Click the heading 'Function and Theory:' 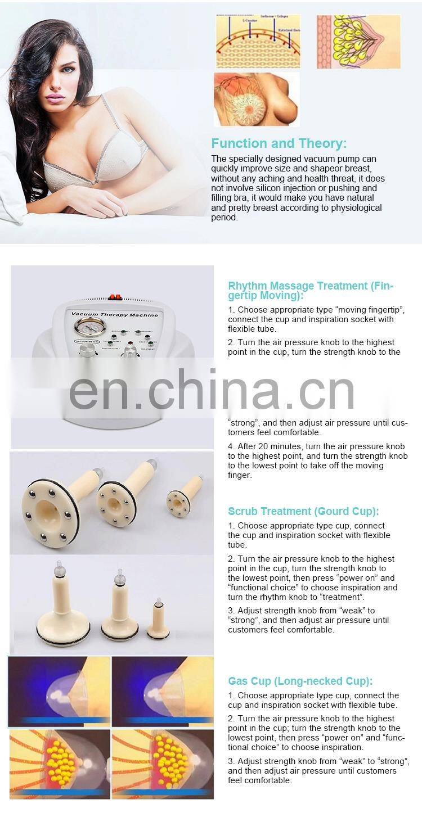(279, 143)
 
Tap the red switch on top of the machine (116, 297)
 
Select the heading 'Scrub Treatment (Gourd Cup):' (303, 511)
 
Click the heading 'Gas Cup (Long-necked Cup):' (300, 681)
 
